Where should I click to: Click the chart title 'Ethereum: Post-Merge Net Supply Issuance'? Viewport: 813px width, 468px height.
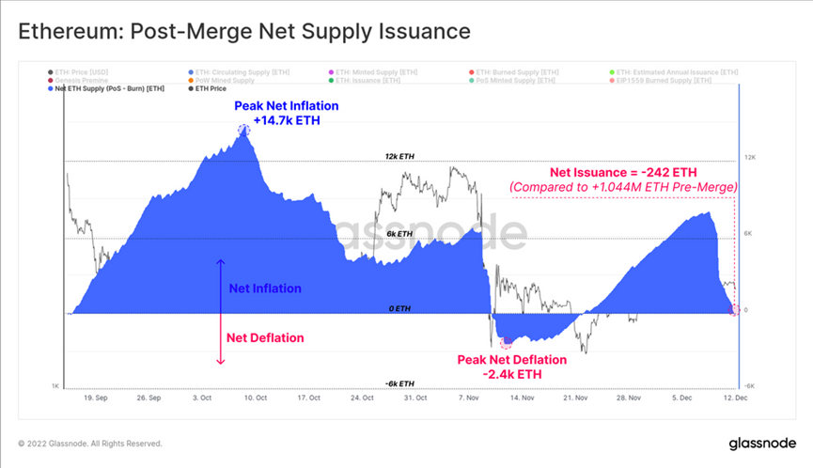[243, 31]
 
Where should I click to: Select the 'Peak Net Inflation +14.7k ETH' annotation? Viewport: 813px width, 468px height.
[277, 114]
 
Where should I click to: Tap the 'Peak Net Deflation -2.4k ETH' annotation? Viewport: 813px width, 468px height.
[512, 367]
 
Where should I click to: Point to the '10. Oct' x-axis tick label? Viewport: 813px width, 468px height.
[258, 398]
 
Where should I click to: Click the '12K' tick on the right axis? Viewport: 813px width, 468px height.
[750, 158]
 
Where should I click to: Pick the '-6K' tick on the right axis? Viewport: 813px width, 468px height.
[750, 385]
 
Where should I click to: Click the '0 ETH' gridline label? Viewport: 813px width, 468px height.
[400, 308]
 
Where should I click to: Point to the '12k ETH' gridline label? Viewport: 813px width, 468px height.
[400, 156]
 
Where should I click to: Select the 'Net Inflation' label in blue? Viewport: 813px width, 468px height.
[266, 289]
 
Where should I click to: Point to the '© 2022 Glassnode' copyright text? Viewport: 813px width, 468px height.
[90, 443]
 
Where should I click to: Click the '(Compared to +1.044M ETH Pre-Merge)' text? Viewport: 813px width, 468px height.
[623, 188]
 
